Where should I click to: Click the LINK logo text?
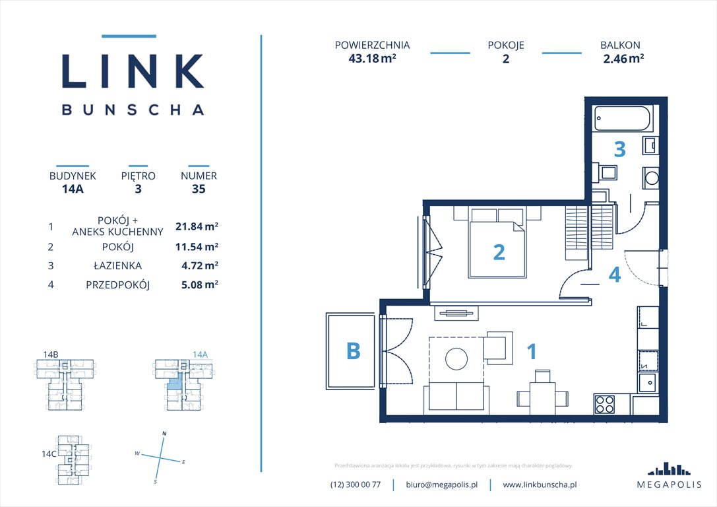[133, 71]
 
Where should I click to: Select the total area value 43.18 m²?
[372, 58]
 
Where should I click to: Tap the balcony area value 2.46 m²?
[623, 58]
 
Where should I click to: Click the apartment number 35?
[199, 189]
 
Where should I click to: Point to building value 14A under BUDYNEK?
[73, 189]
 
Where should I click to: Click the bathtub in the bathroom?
[621, 119]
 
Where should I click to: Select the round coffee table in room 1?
[456, 358]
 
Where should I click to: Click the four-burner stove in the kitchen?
[605, 404]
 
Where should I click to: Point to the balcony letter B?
[354, 351]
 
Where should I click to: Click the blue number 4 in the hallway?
[614, 275]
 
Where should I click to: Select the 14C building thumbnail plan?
[73, 457]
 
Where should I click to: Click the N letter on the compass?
[164, 433]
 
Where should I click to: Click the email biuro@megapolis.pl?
[441, 485]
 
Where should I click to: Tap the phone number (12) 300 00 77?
[356, 485]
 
